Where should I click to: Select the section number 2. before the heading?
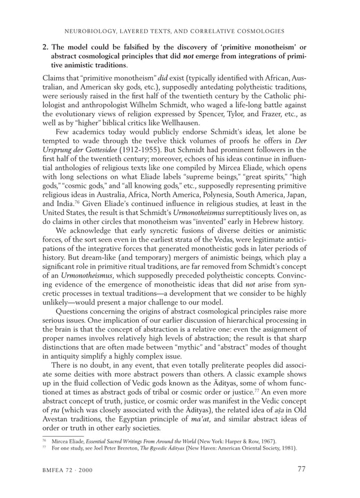click(45, 46)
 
